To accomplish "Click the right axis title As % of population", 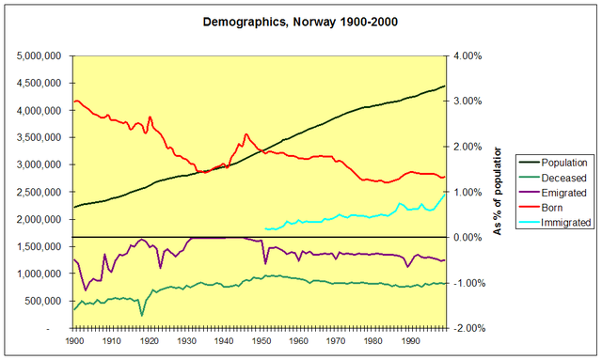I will pos(499,192).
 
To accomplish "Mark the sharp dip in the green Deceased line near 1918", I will pos(141,314).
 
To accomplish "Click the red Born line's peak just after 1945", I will pos(246,134).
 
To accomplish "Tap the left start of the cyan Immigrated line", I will pos(266,228).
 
